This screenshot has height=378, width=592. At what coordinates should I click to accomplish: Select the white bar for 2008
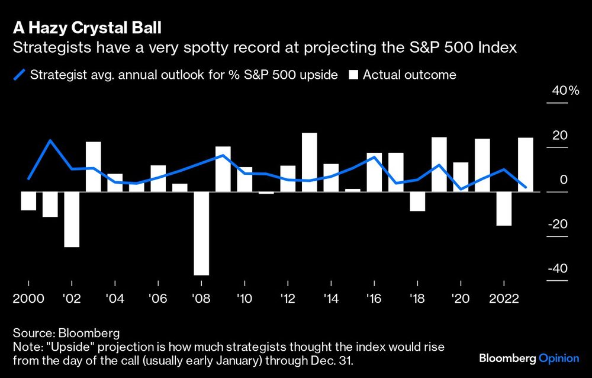(201, 233)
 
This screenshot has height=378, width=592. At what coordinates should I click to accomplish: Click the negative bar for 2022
(503, 209)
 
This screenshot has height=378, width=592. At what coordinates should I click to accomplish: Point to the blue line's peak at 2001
(50, 140)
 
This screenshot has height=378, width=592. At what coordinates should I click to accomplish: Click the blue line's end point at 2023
(525, 187)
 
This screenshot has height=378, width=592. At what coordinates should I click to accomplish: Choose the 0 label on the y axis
(564, 180)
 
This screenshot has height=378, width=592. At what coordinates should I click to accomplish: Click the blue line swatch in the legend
(20, 75)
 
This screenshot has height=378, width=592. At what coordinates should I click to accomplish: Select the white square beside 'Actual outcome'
(354, 75)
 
